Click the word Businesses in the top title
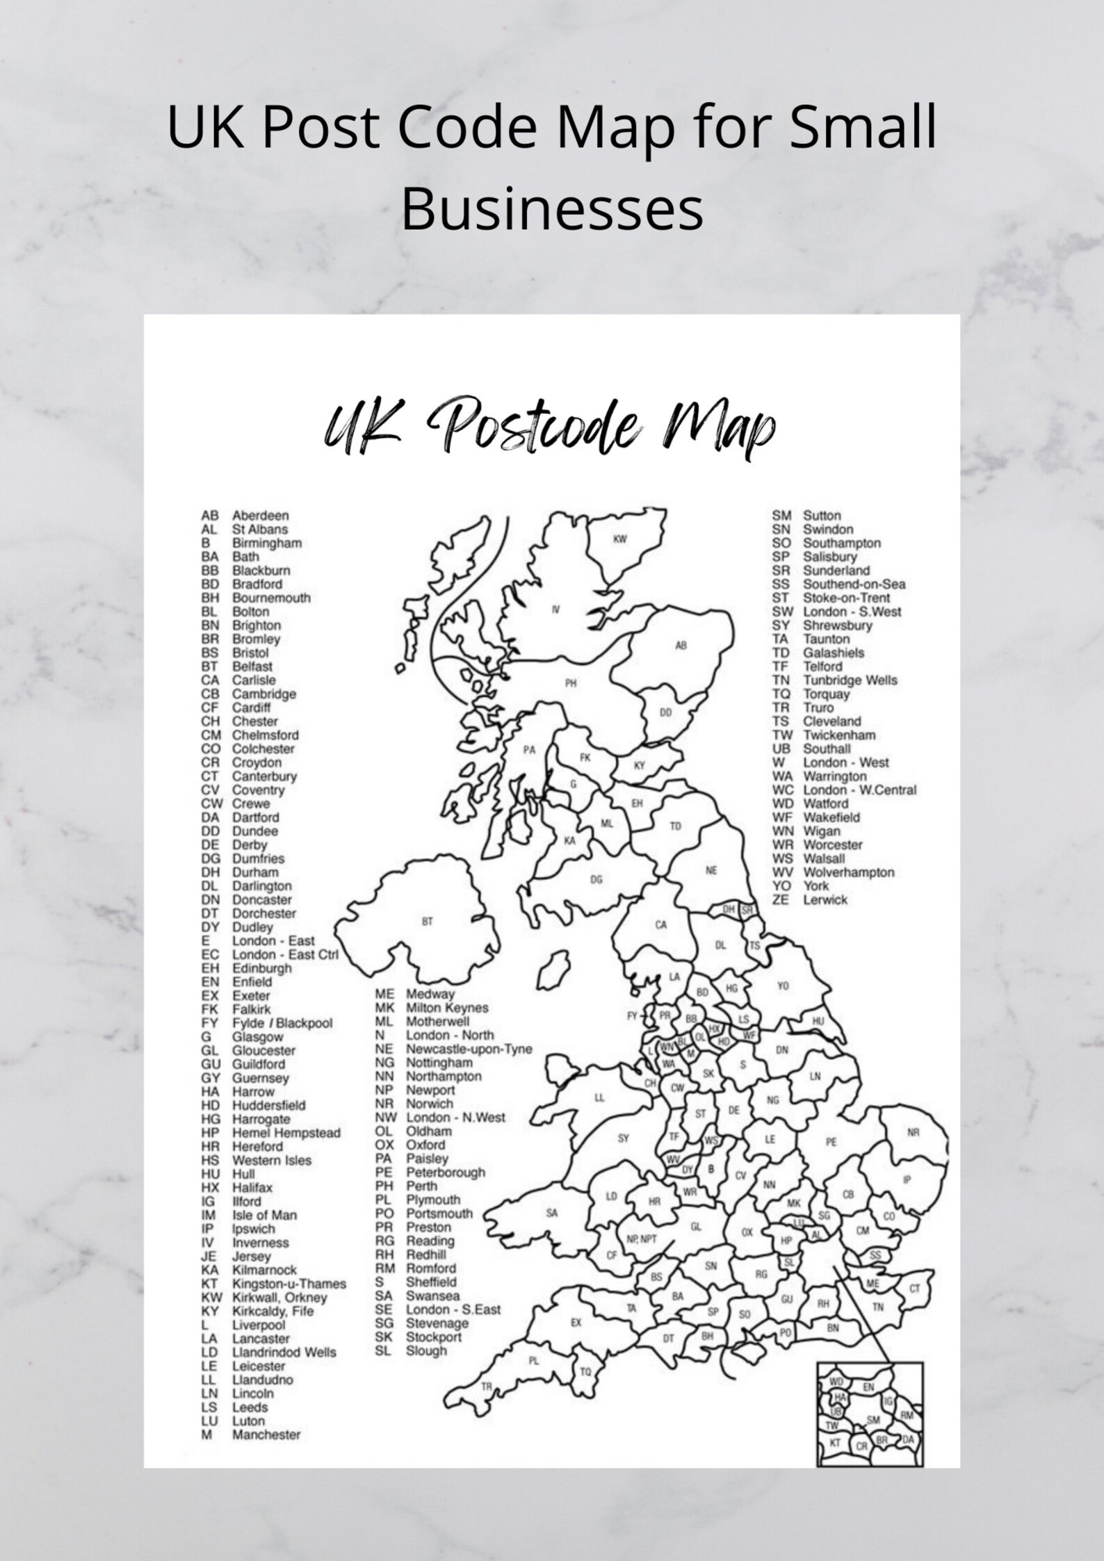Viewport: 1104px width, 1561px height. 552,211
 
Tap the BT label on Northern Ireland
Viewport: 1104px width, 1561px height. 428,922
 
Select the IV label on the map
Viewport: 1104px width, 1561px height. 555,610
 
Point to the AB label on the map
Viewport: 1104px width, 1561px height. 681,646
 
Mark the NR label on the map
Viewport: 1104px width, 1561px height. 914,1132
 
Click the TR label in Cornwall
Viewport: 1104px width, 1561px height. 487,1387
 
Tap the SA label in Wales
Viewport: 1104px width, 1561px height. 551,1213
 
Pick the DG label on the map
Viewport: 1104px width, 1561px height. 596,880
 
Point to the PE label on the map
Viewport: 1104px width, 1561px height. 831,1142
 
